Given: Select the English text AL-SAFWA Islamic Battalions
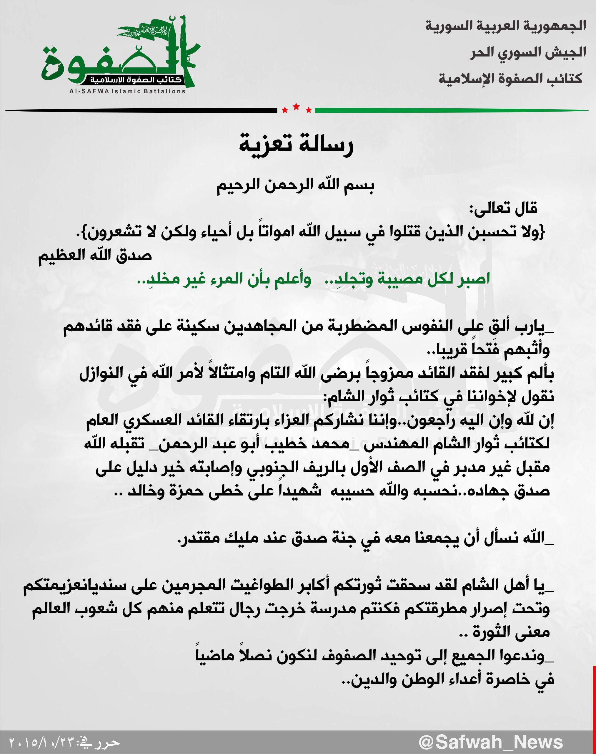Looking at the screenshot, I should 127,92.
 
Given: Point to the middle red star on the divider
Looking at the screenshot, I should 296,107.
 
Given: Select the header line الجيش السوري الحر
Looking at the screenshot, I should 528,52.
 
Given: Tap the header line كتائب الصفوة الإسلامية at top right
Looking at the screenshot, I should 510,79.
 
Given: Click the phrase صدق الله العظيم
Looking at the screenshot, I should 95,255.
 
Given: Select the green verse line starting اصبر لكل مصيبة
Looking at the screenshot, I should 313,279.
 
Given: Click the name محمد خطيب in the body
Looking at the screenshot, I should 317,443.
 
